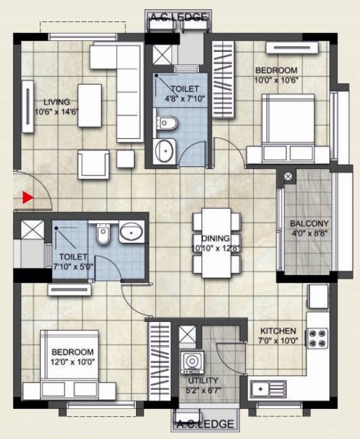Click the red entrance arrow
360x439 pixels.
pos(28,196)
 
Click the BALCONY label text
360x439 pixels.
pos(309,224)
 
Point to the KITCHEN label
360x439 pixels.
pos(278,330)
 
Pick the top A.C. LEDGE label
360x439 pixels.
pos(178,17)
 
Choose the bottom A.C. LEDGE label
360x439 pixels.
pos(205,424)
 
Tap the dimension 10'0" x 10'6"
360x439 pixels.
pos(277,80)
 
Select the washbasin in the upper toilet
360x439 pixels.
pos(165,150)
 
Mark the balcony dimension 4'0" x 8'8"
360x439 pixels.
pos(309,234)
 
